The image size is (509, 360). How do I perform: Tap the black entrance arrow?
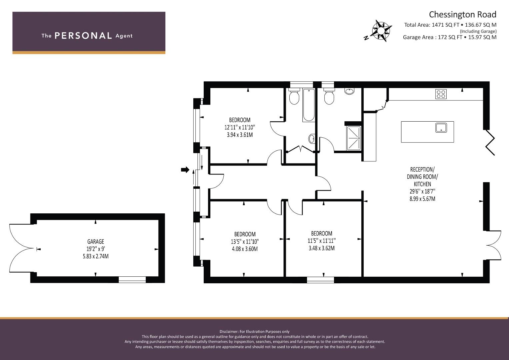[x=185, y=170]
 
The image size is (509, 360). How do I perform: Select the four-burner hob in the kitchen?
[x=441, y=94]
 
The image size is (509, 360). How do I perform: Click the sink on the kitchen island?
[x=441, y=128]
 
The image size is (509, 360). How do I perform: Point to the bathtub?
[x=309, y=105]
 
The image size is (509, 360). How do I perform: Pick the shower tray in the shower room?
[x=354, y=138]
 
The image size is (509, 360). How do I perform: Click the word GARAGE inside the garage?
[x=96, y=241]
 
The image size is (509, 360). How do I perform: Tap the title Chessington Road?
[x=462, y=15]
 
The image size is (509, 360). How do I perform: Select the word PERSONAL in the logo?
[x=83, y=36]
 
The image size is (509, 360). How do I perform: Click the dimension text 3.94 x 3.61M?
[x=240, y=135]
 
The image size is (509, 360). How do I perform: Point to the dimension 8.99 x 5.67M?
[x=422, y=199]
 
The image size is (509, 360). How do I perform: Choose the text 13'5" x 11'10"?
[x=245, y=241]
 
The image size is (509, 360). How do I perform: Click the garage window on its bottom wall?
[x=132, y=280]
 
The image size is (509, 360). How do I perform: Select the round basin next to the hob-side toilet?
[x=349, y=91]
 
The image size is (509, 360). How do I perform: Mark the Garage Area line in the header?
[x=450, y=37]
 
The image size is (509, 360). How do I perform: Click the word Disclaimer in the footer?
[x=229, y=332]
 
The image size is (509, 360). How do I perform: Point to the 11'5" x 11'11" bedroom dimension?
[x=322, y=241]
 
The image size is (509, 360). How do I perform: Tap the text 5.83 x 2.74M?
[x=96, y=256]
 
